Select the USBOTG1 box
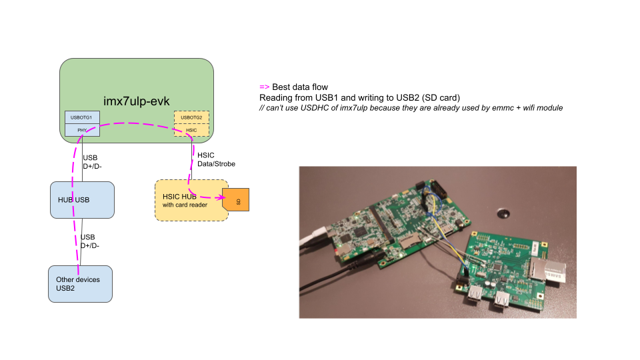(x=81, y=117)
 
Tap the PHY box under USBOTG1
(x=81, y=130)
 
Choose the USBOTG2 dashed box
(x=191, y=117)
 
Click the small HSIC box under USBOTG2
(x=191, y=130)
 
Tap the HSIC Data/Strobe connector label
(x=216, y=159)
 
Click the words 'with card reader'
(x=185, y=205)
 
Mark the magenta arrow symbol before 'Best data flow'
(x=264, y=87)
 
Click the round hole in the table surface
(x=502, y=214)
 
